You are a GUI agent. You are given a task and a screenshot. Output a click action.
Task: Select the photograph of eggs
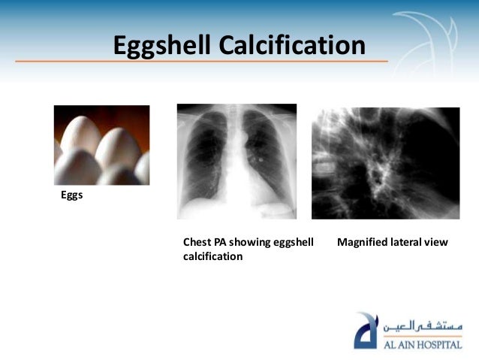click(x=101, y=144)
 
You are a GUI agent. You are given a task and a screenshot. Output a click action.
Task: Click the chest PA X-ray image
click(x=236, y=162)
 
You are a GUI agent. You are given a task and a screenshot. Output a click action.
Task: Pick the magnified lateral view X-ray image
click(x=385, y=163)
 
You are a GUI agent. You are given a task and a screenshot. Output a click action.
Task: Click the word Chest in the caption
click(x=197, y=243)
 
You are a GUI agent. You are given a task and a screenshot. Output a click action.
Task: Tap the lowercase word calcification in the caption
click(x=213, y=256)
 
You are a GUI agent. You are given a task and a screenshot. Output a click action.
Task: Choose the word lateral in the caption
click(x=410, y=243)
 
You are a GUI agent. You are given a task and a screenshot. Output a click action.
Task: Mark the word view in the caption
click(x=437, y=243)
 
